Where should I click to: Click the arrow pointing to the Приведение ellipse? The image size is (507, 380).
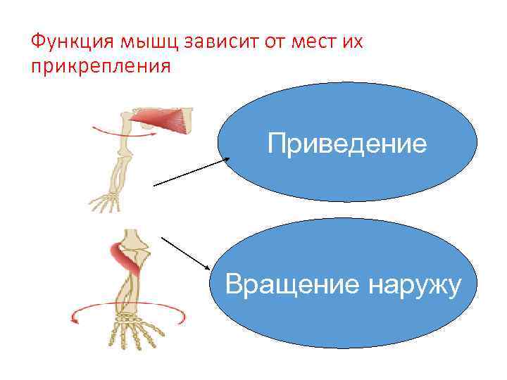pos(190,172)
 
